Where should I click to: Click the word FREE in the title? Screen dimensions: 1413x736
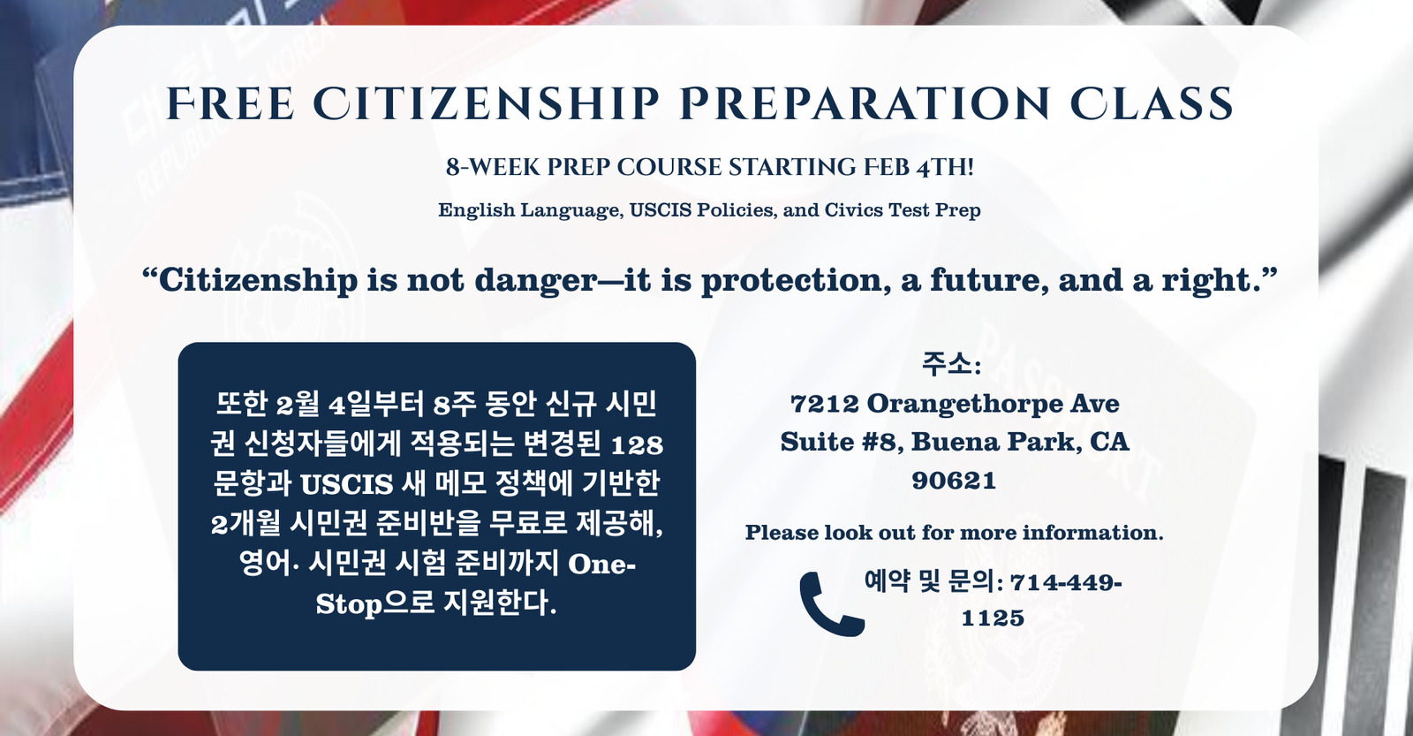[230, 103]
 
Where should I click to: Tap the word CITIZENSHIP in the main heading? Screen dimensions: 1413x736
[487, 103]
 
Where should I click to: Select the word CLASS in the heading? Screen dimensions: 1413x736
[1152, 103]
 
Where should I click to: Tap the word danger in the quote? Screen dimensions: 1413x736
[535, 281]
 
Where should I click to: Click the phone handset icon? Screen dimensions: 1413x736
[831, 604]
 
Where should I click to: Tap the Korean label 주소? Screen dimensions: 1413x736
[951, 365]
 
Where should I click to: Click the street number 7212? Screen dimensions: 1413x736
[825, 404]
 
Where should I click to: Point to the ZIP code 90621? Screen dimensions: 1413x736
[954, 481]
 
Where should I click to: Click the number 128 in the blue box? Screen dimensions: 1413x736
[637, 445]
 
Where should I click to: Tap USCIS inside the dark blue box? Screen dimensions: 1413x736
[346, 485]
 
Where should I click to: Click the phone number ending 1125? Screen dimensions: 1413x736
[993, 600]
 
